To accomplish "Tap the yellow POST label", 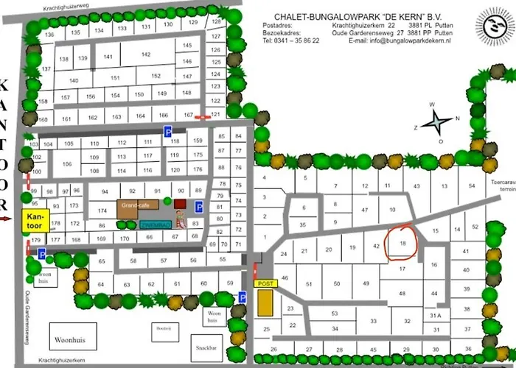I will point(264,283).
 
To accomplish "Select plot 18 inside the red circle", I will point(402,242).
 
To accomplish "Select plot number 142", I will point(146,55).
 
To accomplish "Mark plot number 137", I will point(46,69).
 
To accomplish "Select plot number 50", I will point(336,284).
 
